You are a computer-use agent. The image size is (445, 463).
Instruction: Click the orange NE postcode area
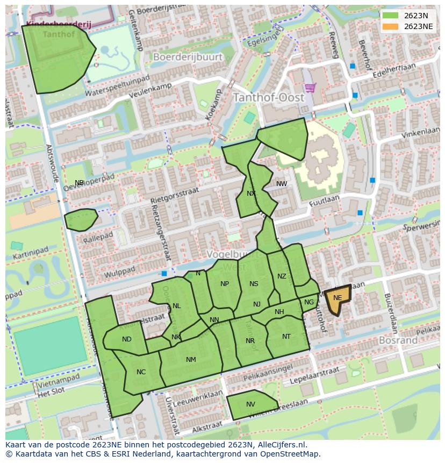tap(337, 298)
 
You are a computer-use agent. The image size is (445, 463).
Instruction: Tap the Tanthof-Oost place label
tap(268, 98)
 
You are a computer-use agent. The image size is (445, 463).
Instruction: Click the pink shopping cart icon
tap(310, 88)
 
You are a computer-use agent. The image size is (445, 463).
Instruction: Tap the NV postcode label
tap(250, 404)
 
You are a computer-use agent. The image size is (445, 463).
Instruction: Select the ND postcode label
tap(127, 339)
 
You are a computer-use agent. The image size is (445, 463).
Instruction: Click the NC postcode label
tap(141, 372)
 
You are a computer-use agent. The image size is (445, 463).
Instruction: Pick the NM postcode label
tap(191, 360)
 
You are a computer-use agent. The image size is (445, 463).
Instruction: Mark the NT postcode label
tap(286, 337)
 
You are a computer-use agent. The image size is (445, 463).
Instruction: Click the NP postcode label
tap(225, 284)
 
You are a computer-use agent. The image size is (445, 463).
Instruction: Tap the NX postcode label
tap(251, 194)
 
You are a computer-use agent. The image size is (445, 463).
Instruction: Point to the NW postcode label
tap(282, 184)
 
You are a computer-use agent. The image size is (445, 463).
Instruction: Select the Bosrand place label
tap(398, 340)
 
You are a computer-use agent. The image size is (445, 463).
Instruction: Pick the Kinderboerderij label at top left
tap(59, 25)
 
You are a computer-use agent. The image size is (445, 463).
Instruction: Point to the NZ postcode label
tap(282, 276)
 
